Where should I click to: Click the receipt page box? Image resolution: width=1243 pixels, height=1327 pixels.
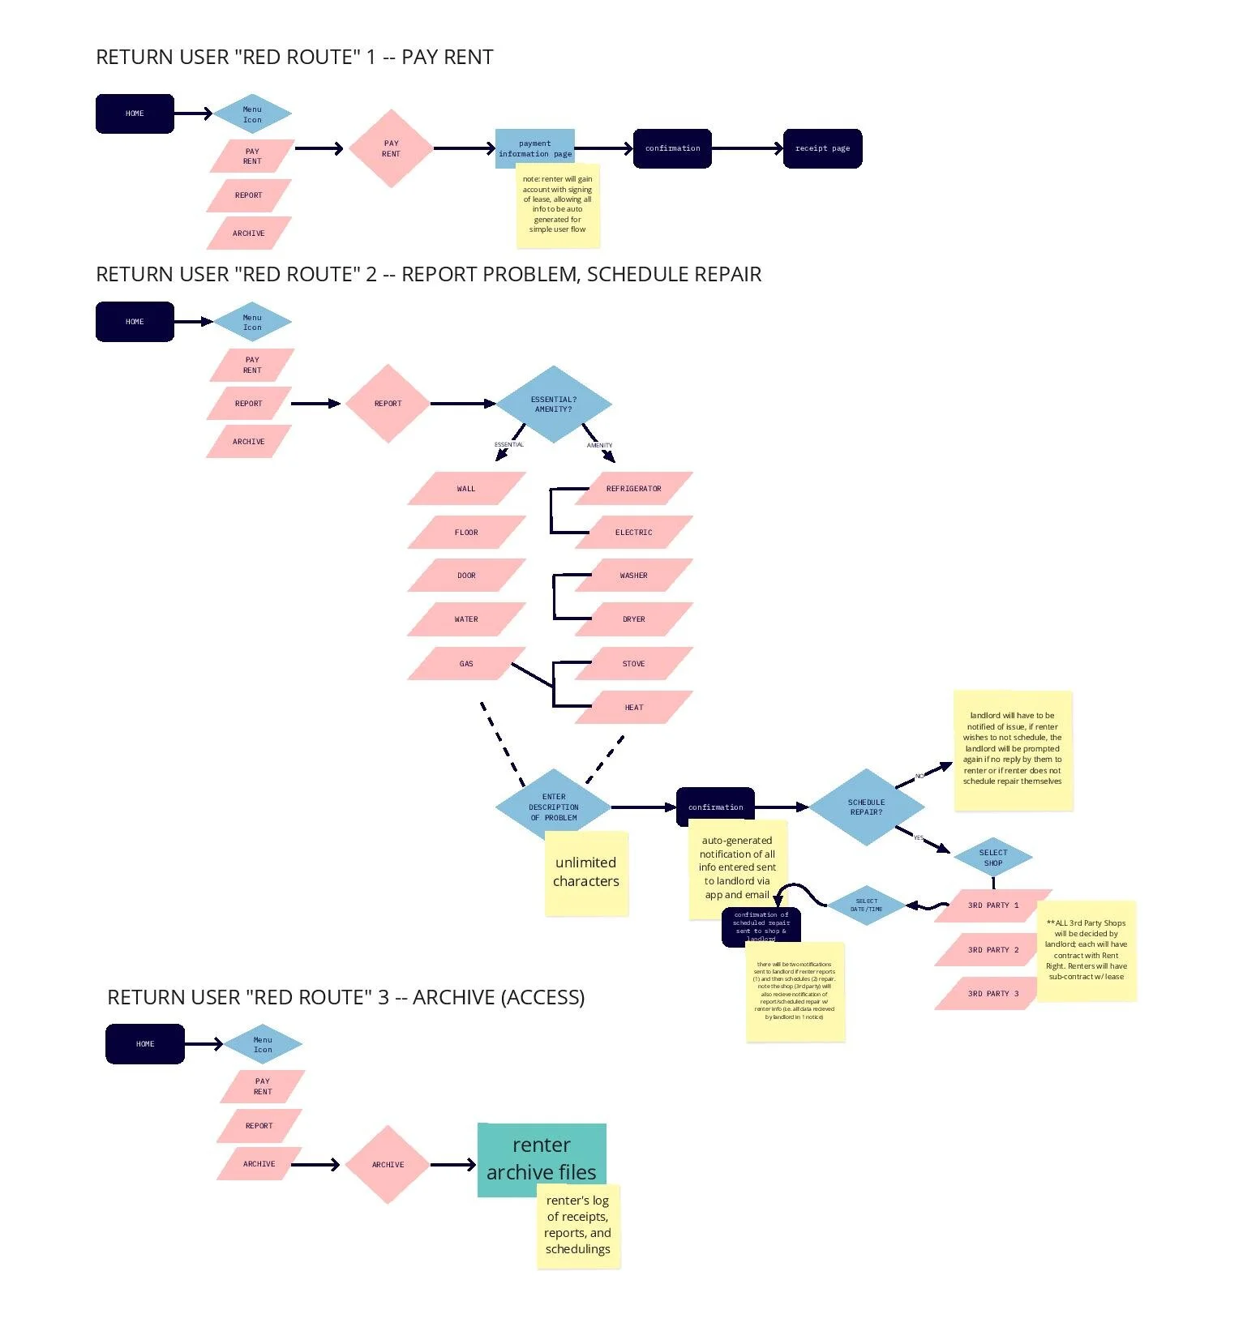point(822,148)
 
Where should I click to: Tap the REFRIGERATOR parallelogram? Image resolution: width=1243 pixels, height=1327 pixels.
point(633,489)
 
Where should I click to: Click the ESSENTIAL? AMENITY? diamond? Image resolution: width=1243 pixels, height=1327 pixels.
point(554,404)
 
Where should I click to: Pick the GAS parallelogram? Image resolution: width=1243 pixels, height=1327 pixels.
point(466,663)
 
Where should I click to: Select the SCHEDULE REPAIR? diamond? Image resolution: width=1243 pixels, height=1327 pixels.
point(866,807)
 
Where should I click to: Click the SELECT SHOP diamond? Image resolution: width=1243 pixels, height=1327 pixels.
point(992,858)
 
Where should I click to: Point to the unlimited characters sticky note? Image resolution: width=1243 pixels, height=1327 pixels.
point(586,873)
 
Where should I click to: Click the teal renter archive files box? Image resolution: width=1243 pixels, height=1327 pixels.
point(541,1158)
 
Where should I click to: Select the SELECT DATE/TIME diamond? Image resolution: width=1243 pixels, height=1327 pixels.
point(866,905)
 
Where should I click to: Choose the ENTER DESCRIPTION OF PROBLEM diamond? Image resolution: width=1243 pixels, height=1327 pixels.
point(554,807)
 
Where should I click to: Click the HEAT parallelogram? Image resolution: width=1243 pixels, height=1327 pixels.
point(633,707)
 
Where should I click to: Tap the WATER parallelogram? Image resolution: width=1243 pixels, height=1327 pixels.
point(466,619)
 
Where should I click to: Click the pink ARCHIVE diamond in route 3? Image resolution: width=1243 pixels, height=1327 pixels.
point(388,1164)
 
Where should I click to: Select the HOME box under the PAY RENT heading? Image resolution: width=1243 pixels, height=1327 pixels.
point(135,113)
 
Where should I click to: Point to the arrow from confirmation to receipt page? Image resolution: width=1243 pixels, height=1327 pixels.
point(746,148)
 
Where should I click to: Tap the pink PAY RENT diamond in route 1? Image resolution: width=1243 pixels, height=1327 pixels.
point(391,148)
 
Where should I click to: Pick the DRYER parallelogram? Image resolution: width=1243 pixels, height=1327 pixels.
point(633,619)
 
